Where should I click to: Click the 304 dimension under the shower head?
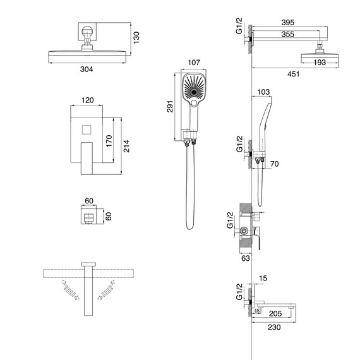pos(87,69)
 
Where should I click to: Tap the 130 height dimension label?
pos(136,38)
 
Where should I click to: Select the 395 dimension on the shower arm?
pos(288,23)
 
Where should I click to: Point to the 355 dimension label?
pos(288,34)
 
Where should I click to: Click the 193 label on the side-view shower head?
pos(320,63)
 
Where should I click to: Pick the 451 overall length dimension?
pos(294,74)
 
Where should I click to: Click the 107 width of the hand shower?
pos(194,63)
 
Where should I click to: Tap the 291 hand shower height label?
pos(170,106)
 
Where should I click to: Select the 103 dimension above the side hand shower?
pos(263,92)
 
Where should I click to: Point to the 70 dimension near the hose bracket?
pos(274,164)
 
